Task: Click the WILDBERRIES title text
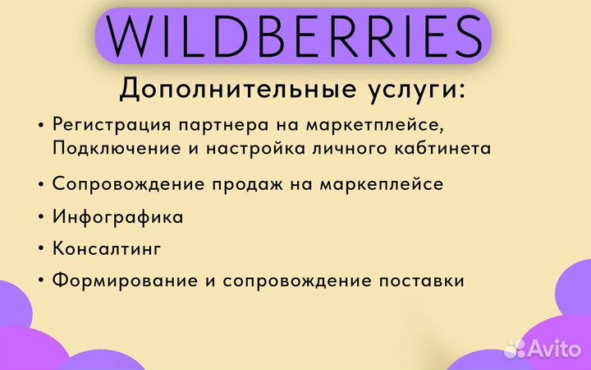pyautogui.click(x=293, y=36)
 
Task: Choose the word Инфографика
pyautogui.click(x=117, y=218)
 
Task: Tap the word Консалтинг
pyautogui.click(x=107, y=248)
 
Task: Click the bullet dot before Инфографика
pyautogui.click(x=40, y=218)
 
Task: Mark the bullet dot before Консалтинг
pyautogui.click(x=40, y=248)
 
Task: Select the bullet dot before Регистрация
pyautogui.click(x=40, y=125)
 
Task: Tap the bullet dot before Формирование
pyautogui.click(x=40, y=280)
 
